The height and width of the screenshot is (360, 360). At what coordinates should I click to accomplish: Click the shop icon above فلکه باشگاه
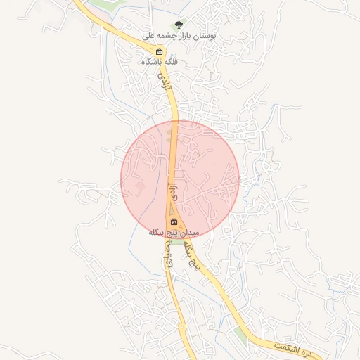159,51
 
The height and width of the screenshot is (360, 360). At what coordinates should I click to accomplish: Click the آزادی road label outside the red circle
166,81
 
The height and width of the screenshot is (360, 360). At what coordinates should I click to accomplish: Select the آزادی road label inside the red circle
169,188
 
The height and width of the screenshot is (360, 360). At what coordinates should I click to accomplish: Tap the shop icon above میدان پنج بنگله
174,222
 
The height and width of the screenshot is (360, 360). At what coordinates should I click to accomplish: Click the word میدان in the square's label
190,232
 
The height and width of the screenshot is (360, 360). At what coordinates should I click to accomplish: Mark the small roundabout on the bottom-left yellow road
181,326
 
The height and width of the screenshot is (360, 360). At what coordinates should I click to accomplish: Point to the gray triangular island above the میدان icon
169,211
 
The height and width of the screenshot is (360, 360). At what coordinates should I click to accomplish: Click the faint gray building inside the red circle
140,186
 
